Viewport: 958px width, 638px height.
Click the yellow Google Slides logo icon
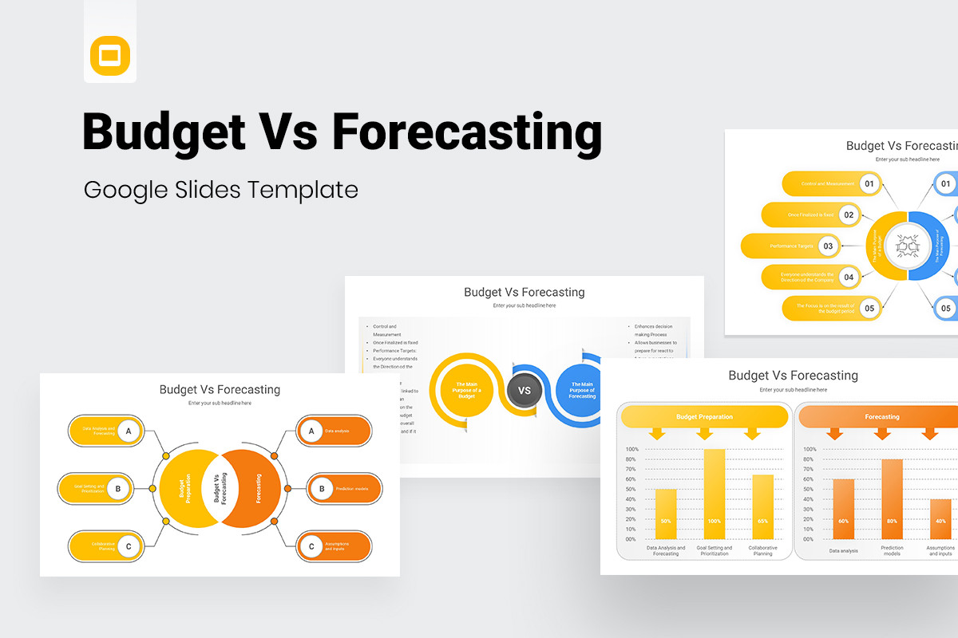click(x=110, y=56)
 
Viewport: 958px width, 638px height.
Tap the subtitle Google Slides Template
click(x=221, y=190)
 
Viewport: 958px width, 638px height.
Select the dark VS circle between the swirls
click(x=525, y=391)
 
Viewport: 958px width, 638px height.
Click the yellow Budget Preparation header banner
click(x=704, y=416)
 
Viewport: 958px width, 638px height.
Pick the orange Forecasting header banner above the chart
click(x=881, y=416)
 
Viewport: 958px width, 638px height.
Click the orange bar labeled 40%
click(x=940, y=519)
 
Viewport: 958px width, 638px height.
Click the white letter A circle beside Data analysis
click(x=311, y=431)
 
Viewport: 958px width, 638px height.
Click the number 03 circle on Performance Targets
click(x=828, y=246)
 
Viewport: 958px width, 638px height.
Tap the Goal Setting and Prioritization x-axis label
click(x=714, y=551)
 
